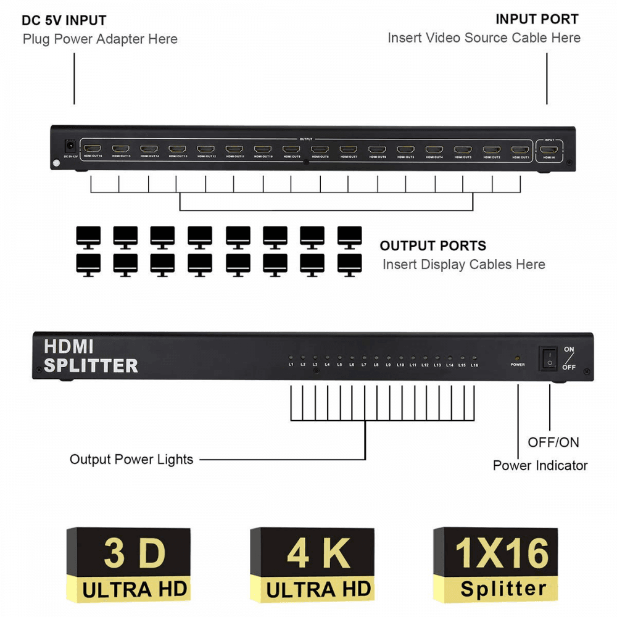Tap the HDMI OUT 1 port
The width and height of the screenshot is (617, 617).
(x=520, y=149)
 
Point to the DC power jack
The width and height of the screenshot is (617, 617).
(x=70, y=147)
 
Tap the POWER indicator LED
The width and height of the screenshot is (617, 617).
(x=517, y=358)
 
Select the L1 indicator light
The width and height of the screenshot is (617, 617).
(x=291, y=358)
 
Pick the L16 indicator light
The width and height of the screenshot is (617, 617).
(x=474, y=358)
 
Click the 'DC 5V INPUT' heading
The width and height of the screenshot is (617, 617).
(x=64, y=21)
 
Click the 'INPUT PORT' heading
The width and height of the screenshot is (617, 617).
(x=537, y=20)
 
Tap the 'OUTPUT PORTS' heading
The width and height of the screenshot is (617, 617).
(x=433, y=246)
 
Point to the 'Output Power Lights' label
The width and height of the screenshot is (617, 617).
(x=131, y=460)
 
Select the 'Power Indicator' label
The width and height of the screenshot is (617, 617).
(x=540, y=466)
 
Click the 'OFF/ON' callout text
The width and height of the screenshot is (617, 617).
(x=553, y=442)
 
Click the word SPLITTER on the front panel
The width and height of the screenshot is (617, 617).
(x=91, y=366)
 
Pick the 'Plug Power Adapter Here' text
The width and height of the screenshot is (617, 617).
(x=100, y=39)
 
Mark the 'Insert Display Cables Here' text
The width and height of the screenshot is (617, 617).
(x=463, y=265)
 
